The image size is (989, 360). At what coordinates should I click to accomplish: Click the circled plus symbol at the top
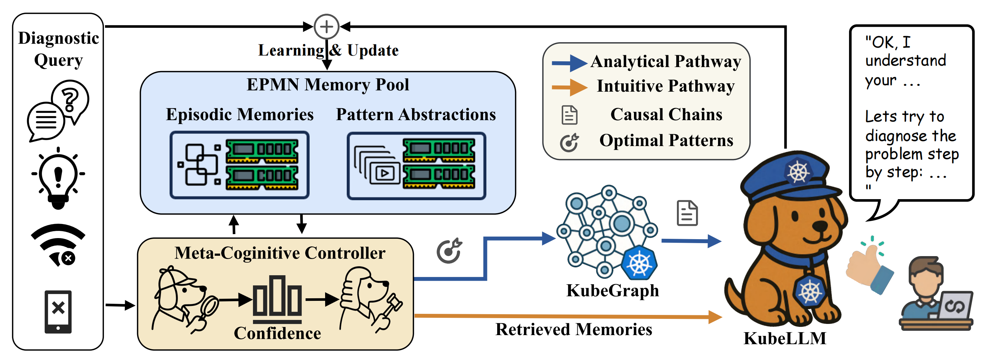pyautogui.click(x=326, y=26)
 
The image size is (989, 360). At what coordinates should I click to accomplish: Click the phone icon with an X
pyautogui.click(x=58, y=312)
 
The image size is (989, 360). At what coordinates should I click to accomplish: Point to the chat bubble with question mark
pyautogui.click(x=58, y=110)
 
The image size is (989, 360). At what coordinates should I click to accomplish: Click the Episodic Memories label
pyautogui.click(x=240, y=114)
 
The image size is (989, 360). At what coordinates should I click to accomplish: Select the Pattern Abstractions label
pyautogui.click(x=416, y=114)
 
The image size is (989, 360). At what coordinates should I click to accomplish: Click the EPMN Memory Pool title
pyautogui.click(x=328, y=84)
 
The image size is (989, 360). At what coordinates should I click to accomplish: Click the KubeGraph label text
pyautogui.click(x=612, y=290)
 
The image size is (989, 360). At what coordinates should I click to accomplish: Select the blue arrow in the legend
pyautogui.click(x=569, y=63)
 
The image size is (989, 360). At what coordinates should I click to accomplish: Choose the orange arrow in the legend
pyautogui.click(x=569, y=87)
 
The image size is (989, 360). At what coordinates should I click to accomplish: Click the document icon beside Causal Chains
pyautogui.click(x=569, y=115)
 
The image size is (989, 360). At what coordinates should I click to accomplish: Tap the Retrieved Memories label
pyautogui.click(x=574, y=329)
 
